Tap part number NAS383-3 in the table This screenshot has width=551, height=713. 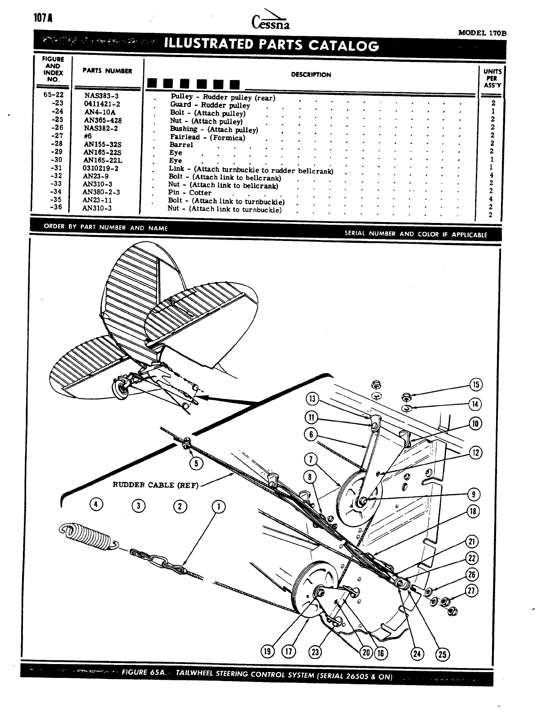coord(101,96)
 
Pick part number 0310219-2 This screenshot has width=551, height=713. coord(101,168)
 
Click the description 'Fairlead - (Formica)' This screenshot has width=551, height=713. coord(208,137)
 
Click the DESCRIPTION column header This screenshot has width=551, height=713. coord(311,75)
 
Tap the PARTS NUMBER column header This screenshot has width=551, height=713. coord(107,71)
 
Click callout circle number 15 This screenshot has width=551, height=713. coord(476,385)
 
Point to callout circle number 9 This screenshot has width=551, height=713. coord(474,495)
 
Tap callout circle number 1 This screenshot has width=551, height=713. coord(218,507)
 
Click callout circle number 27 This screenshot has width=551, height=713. coord(472,590)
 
